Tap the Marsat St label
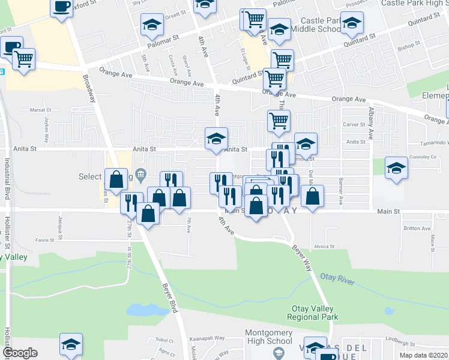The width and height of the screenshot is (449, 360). [40, 110]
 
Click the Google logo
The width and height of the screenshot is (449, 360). [20, 353]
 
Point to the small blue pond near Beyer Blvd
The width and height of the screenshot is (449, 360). [140, 310]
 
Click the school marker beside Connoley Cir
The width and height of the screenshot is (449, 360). [396, 168]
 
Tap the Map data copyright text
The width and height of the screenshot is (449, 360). [424, 355]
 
